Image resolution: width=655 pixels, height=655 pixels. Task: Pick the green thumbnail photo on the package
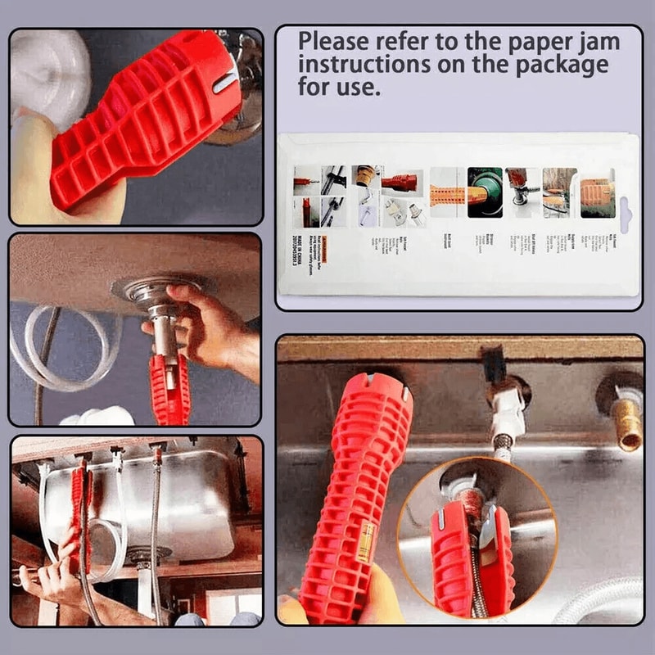(484, 192)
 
